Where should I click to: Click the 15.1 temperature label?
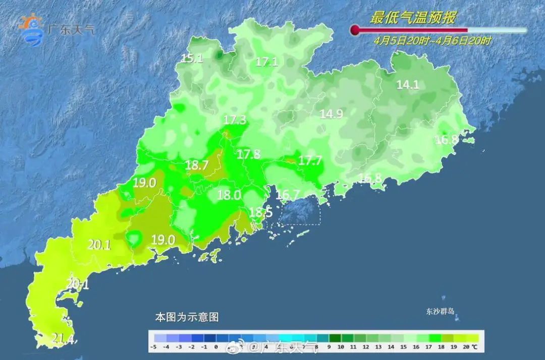(x=192, y=59)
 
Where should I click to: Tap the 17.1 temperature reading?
(x=266, y=62)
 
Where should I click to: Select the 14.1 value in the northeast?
(x=408, y=85)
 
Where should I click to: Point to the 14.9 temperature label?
(x=332, y=114)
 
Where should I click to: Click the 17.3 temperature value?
(x=235, y=120)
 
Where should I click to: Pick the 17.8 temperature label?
(x=249, y=155)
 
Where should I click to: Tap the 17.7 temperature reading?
(x=310, y=161)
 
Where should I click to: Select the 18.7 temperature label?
(x=197, y=165)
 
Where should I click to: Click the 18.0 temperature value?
(x=229, y=195)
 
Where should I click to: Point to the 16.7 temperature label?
(x=289, y=194)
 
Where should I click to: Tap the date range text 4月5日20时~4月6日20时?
(x=432, y=41)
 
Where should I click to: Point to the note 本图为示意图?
(x=186, y=318)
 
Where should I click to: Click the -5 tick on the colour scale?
(x=153, y=347)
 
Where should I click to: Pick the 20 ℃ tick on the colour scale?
(x=471, y=347)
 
